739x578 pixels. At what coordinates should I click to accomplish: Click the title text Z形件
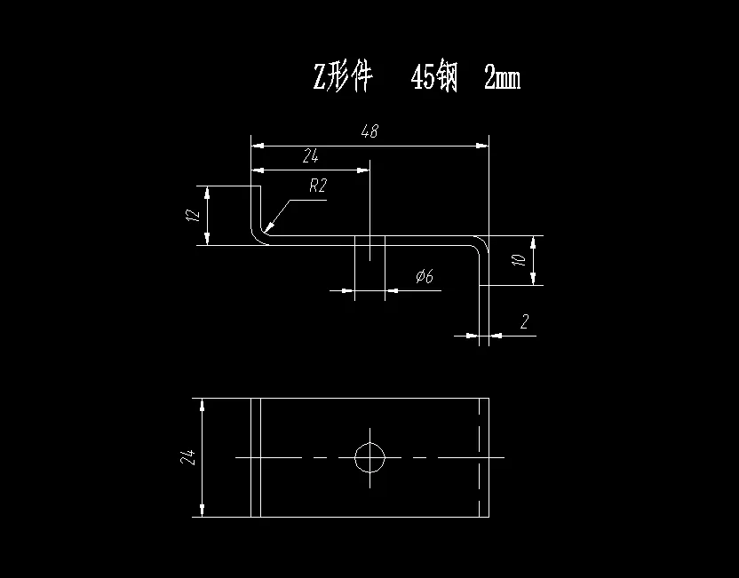pos(341,79)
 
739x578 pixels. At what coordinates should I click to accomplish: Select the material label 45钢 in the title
pos(433,79)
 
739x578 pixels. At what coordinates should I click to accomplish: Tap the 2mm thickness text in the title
pos(502,79)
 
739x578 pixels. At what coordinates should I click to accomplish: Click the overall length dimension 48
pos(369,131)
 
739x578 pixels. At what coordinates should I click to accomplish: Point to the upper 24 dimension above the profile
pos(310,156)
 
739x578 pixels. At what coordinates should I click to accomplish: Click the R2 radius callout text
pos(318,186)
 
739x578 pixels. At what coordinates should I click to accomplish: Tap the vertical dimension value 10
pos(521,260)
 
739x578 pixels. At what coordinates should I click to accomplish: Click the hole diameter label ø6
pos(424,277)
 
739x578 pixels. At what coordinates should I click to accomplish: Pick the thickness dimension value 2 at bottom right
pos(524,322)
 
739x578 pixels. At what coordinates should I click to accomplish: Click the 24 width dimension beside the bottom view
pos(187,457)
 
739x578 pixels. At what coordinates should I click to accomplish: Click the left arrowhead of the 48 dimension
pos(256,144)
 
